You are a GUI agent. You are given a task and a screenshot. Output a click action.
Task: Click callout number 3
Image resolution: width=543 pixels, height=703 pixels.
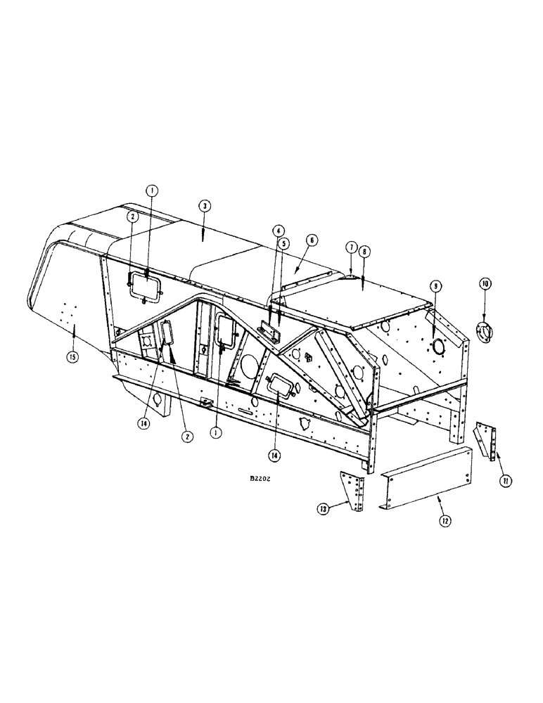(203, 206)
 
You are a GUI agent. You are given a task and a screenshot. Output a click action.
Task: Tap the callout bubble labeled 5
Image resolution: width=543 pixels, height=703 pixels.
(285, 243)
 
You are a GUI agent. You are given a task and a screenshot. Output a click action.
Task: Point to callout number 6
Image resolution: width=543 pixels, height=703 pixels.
(312, 240)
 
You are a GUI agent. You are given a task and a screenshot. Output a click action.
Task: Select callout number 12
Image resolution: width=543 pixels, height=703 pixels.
(444, 521)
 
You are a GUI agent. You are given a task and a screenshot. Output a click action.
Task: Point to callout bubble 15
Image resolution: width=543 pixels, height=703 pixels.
(73, 356)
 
